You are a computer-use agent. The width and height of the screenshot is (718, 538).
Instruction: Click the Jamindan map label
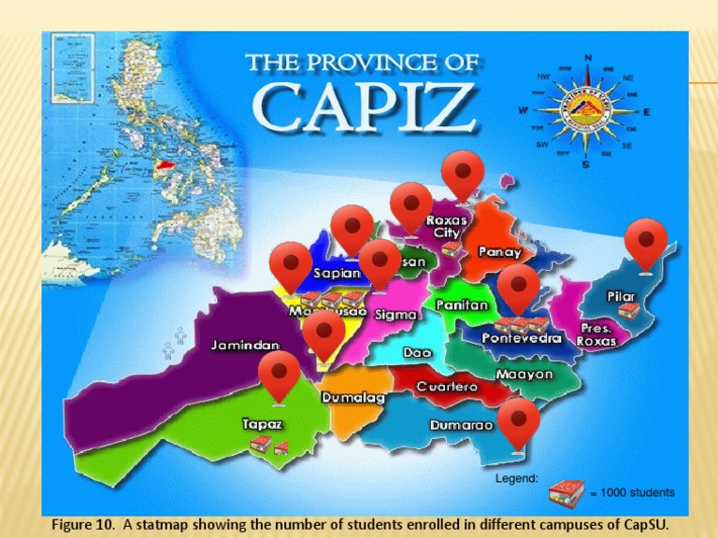[x=245, y=345]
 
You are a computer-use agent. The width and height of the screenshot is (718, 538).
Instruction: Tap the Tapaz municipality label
[x=263, y=423]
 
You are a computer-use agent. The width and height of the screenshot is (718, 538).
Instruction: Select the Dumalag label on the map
[x=353, y=398]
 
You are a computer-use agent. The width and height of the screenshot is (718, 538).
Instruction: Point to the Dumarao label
[x=462, y=425]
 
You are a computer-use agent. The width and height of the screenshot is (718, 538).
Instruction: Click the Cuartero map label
[x=447, y=386]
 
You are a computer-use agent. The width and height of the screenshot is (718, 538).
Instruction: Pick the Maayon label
[x=524, y=374]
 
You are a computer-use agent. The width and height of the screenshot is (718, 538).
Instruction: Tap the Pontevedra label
[x=522, y=338]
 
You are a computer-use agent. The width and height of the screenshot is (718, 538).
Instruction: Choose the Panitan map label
[x=462, y=304]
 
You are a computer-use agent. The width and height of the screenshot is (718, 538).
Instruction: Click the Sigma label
[x=395, y=315]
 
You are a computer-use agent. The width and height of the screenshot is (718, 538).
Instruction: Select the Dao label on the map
[x=417, y=353]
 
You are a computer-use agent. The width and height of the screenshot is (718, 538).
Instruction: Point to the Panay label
[x=500, y=251]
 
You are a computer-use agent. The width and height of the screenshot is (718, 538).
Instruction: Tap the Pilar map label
[x=622, y=296]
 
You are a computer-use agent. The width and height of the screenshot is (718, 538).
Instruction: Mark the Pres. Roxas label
[x=596, y=334]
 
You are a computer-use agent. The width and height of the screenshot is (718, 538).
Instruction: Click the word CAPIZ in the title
[x=366, y=108]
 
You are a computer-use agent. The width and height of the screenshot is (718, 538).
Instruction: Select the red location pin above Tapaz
[x=279, y=377]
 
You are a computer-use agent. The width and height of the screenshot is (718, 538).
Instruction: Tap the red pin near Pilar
[x=646, y=245]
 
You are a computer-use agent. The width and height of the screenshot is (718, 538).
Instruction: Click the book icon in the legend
[x=567, y=491]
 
